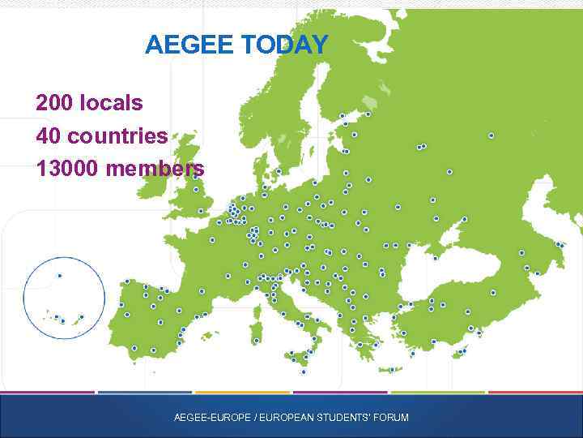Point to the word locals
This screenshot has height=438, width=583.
click(112, 103)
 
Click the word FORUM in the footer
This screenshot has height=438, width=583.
click(392, 418)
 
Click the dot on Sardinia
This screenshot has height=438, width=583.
click(256, 341)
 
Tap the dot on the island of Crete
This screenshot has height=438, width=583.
click(391, 370)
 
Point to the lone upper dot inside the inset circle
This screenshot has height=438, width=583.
click(59, 276)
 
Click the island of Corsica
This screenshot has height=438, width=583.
click(261, 312)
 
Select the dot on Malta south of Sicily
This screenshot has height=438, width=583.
click(304, 371)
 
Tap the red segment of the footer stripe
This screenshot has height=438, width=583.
click(535, 393)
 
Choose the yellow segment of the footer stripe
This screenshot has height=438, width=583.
click(242, 393)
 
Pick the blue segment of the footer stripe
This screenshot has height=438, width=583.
click(145, 393)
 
